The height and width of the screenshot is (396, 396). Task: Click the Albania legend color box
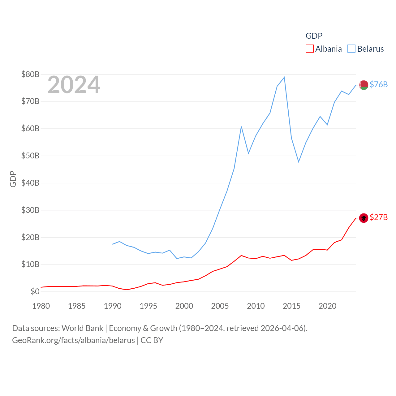(x=310, y=49)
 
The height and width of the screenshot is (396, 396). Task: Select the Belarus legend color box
(x=351, y=49)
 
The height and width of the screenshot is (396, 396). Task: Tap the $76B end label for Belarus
(x=379, y=84)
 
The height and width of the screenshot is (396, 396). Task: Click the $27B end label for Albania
(x=379, y=217)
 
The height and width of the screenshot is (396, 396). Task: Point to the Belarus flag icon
(x=364, y=85)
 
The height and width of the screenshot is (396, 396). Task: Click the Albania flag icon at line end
(x=364, y=218)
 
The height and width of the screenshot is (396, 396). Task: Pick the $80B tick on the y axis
(x=30, y=74)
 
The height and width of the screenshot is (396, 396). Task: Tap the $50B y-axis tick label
(x=30, y=156)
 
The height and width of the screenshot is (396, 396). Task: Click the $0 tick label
(x=35, y=291)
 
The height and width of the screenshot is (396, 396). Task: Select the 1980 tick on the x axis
(x=41, y=306)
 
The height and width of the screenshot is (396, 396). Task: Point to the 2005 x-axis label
(x=220, y=306)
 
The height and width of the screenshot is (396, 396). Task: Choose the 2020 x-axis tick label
(x=327, y=306)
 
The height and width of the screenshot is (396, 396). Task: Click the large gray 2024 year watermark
(x=74, y=85)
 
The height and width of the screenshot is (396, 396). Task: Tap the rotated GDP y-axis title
(x=13, y=179)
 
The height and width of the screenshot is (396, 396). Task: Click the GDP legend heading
(x=314, y=36)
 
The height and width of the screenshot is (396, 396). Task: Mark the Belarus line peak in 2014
(x=284, y=77)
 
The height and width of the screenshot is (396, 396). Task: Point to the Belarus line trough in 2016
(x=299, y=162)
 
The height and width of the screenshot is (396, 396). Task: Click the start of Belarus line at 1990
(x=113, y=244)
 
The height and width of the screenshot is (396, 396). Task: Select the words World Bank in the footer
(x=83, y=328)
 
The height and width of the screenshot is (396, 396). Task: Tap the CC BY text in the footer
(x=152, y=340)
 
